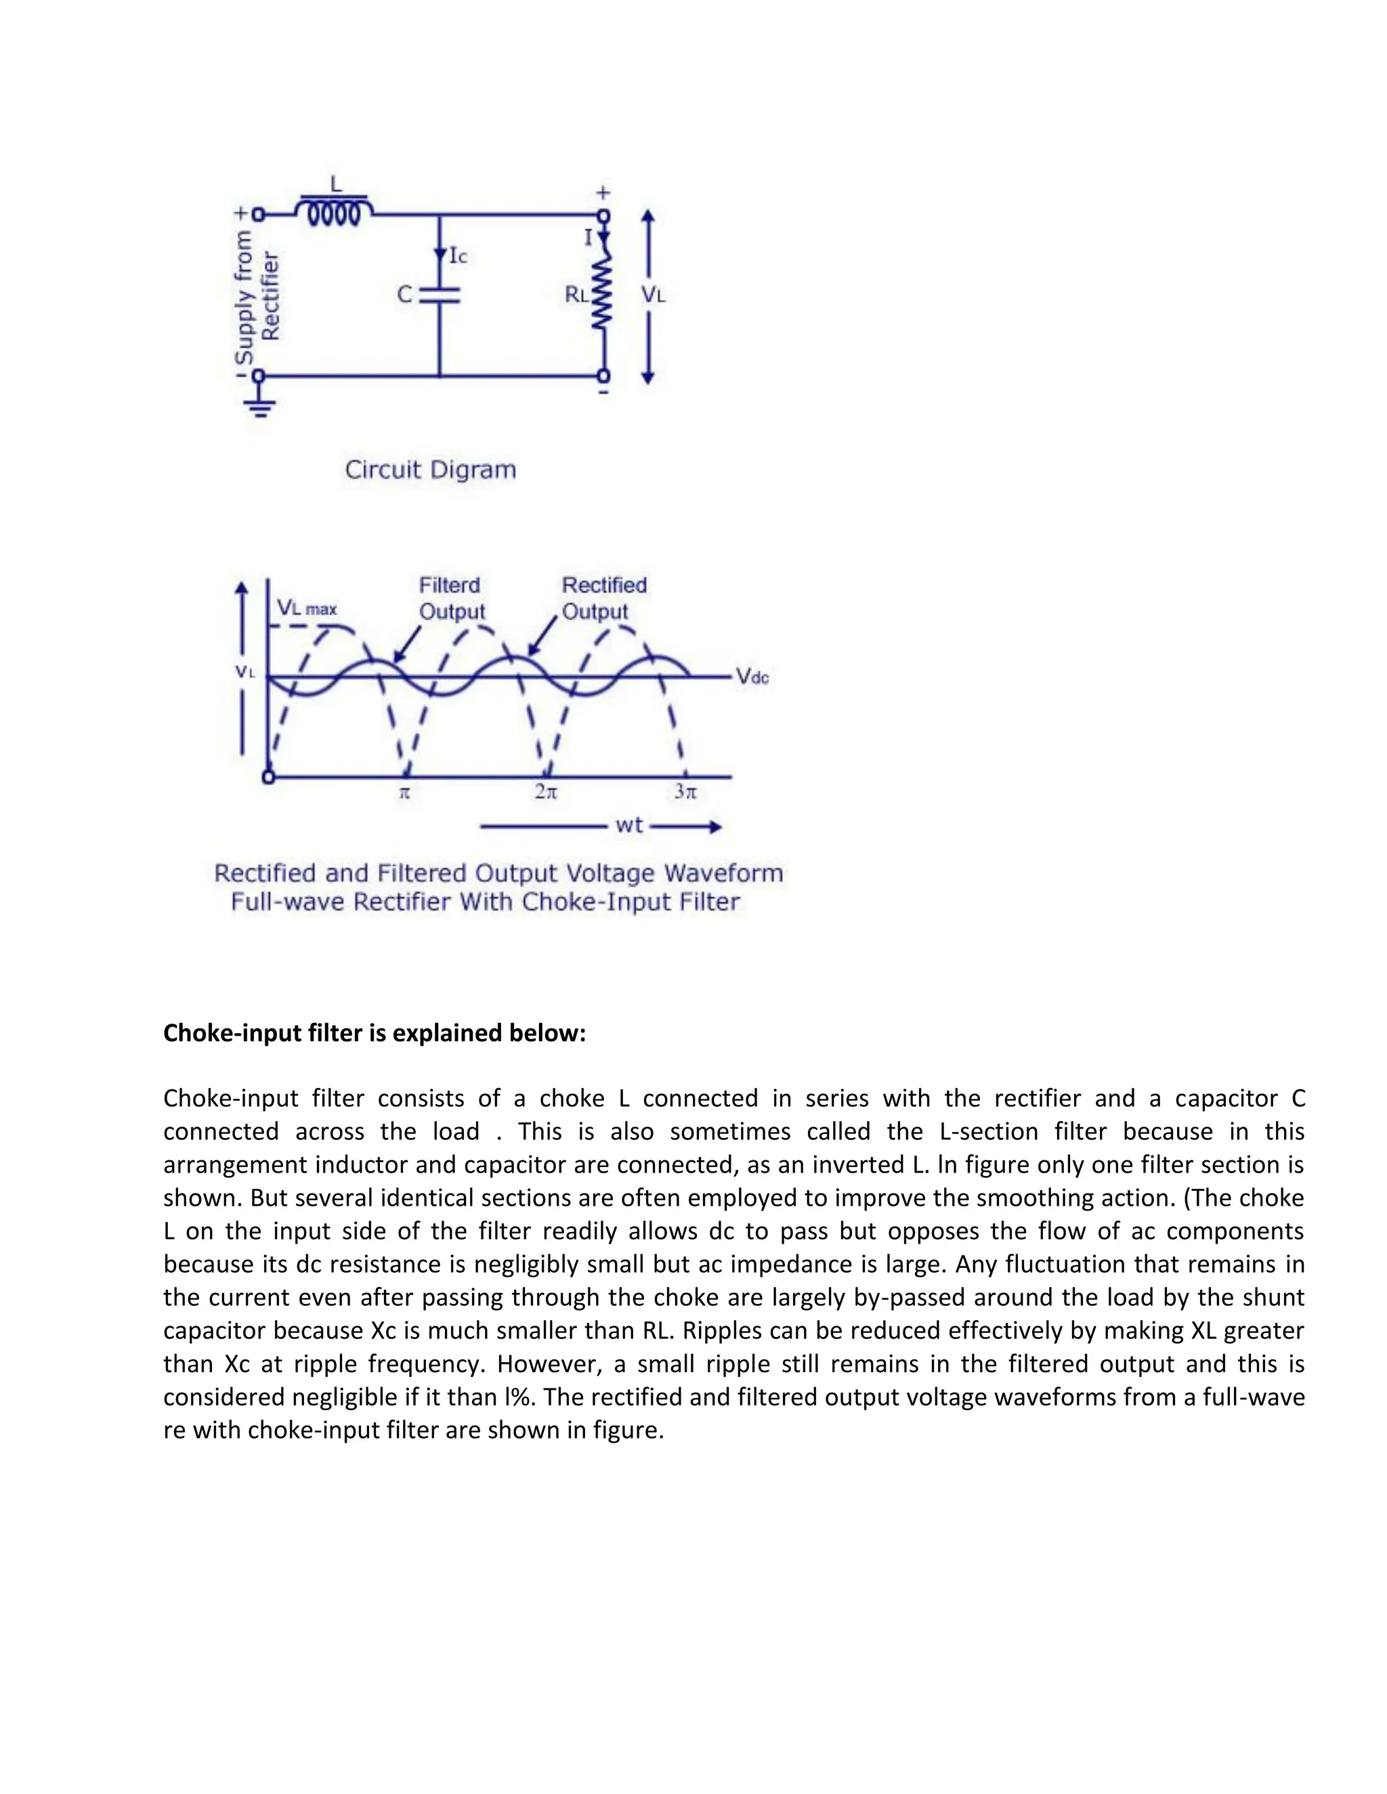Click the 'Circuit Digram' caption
(x=431, y=470)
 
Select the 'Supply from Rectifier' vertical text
(x=257, y=296)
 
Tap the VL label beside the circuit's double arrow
(x=654, y=294)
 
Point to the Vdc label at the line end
(x=752, y=677)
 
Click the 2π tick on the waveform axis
(x=546, y=792)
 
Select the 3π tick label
(x=685, y=792)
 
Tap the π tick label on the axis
(x=404, y=793)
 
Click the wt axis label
(x=628, y=825)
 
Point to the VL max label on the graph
(x=307, y=609)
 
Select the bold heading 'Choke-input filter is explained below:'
(x=375, y=1032)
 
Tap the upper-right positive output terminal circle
(x=604, y=216)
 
